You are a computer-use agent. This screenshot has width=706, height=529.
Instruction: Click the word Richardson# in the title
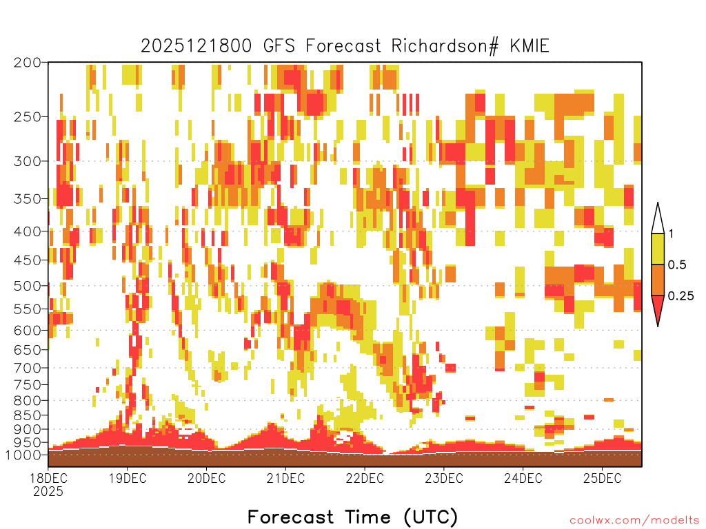(x=445, y=46)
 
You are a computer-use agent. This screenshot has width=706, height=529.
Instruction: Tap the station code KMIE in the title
(x=529, y=46)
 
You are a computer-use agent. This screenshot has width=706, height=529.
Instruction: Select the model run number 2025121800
(x=196, y=46)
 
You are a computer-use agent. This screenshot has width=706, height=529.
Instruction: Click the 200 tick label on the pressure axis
(x=28, y=63)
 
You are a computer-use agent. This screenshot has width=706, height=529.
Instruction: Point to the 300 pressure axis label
(x=28, y=161)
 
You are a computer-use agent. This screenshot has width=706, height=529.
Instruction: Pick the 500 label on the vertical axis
(x=28, y=286)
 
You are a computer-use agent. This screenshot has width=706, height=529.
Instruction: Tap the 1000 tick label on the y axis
(x=23, y=455)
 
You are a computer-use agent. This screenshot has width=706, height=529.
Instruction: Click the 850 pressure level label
(x=28, y=415)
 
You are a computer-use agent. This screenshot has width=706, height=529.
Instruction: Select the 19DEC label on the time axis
(x=128, y=478)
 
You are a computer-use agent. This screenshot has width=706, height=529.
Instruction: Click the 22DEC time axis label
(x=365, y=478)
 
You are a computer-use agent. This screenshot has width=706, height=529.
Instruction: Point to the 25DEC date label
(x=602, y=478)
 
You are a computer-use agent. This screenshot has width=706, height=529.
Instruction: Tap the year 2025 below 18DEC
(x=48, y=491)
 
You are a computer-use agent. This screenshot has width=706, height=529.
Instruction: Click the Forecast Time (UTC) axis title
(x=352, y=517)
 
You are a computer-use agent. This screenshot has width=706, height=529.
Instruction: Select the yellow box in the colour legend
(x=658, y=249)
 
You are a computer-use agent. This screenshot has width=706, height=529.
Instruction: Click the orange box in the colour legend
(x=658, y=280)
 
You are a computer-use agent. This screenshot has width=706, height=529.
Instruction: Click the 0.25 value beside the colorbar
(x=680, y=296)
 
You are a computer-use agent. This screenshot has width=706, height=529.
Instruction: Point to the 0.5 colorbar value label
(x=677, y=265)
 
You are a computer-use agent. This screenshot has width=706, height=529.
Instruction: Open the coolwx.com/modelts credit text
(x=634, y=521)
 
